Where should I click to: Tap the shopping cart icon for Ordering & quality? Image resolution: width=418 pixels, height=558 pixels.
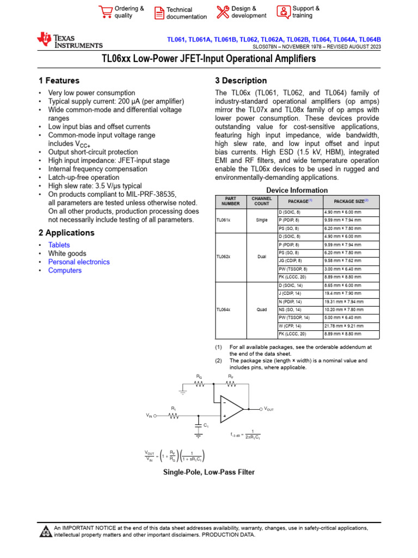105,12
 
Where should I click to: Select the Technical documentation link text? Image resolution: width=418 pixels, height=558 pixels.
186,13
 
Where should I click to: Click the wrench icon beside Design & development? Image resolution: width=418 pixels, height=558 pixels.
223,12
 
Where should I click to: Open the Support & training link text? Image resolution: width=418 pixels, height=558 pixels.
306,12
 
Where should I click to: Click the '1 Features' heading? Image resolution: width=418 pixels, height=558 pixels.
59,81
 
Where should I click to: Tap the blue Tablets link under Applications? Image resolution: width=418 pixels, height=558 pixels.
59,245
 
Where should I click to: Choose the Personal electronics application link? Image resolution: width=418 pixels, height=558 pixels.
79,262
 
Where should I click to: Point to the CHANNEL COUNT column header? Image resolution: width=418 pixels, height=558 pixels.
262,202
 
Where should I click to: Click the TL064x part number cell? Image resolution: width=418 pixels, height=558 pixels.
224,310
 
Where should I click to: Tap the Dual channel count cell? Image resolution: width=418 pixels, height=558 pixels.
262,257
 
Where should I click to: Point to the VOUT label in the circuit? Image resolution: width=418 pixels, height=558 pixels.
269,409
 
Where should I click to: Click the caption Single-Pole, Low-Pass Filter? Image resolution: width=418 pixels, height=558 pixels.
209,472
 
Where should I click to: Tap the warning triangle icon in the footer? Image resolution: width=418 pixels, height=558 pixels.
46,531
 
